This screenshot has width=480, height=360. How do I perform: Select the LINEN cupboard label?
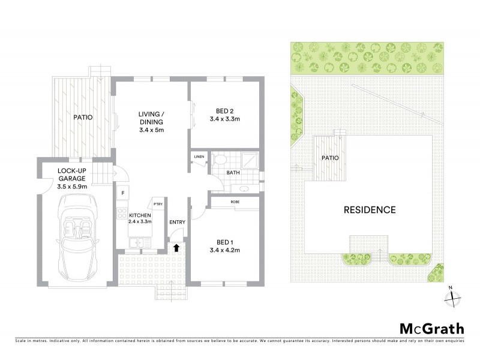tap(199, 157)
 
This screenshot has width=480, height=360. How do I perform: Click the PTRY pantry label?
tap(158, 204)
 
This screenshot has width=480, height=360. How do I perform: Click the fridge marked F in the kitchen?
tap(123, 193)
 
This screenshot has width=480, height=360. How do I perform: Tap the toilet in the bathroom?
tap(220, 161)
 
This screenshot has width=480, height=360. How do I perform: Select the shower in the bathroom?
tap(248, 160)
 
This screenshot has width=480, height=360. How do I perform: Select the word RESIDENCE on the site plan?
tap(370, 210)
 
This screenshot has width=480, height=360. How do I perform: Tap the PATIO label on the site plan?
tap(330, 158)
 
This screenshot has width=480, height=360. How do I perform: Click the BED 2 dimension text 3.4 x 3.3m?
tap(225, 119)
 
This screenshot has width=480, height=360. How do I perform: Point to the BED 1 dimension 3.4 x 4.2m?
tap(225, 250)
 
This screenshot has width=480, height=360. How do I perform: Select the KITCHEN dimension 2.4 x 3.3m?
tap(141, 221)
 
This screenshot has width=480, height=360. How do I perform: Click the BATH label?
tap(233, 173)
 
